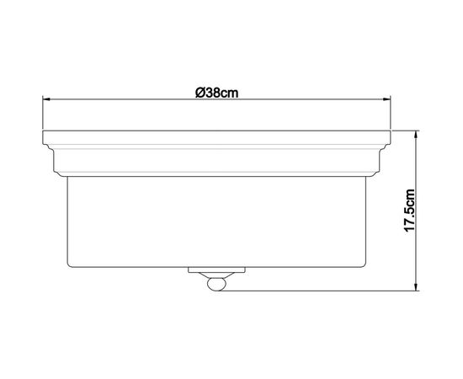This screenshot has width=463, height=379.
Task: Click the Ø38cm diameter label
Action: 215,92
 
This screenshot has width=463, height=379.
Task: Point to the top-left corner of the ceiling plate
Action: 43,131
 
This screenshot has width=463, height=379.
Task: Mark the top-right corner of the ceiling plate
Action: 391,131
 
